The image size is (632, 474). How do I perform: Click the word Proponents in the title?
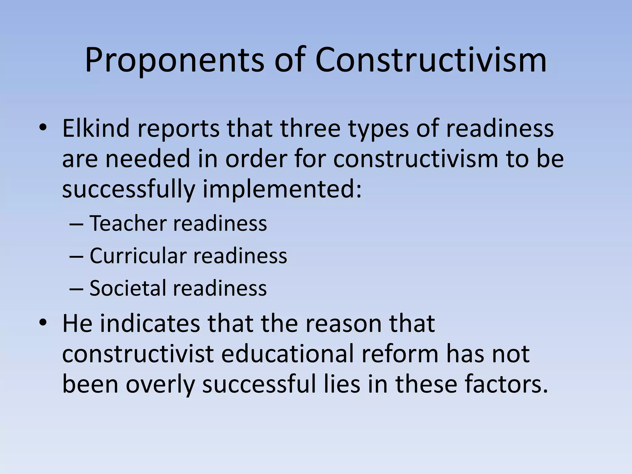point(174,60)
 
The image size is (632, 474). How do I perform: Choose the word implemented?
point(282,189)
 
